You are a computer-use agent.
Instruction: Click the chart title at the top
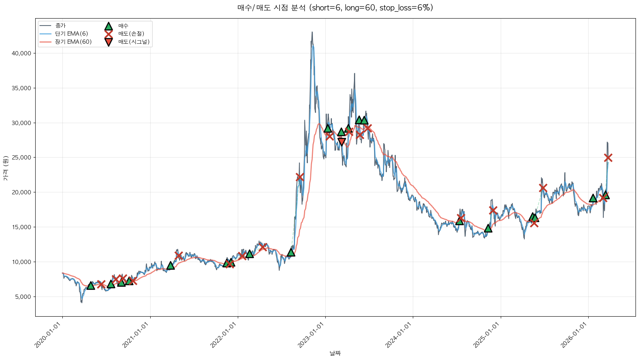[x=335, y=8]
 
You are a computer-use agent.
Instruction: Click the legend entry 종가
[x=60, y=26]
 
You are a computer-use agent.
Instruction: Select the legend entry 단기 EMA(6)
[x=71, y=34]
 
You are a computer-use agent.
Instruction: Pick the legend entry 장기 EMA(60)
[x=73, y=42]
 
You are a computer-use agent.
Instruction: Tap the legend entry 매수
[x=123, y=26]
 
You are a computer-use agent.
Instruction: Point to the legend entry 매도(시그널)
[x=134, y=42]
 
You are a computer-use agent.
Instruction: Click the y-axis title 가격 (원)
[x=5, y=168]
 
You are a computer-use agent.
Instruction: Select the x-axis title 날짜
[x=335, y=353]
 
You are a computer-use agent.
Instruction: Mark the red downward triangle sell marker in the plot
[x=341, y=142]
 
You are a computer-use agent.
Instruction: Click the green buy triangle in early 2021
[x=170, y=266]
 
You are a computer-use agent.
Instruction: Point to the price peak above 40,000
[x=312, y=33]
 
